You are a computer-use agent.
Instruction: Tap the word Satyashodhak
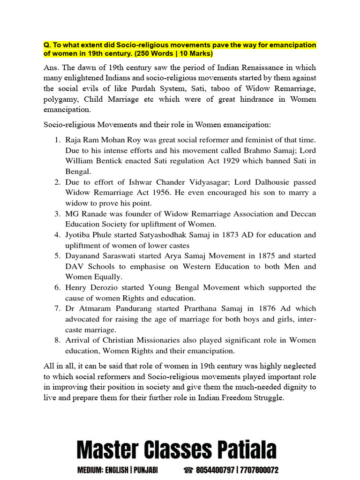tap(149, 235)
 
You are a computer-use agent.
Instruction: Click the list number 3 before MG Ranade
tap(57, 214)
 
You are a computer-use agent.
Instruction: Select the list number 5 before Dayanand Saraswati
tap(57, 256)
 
